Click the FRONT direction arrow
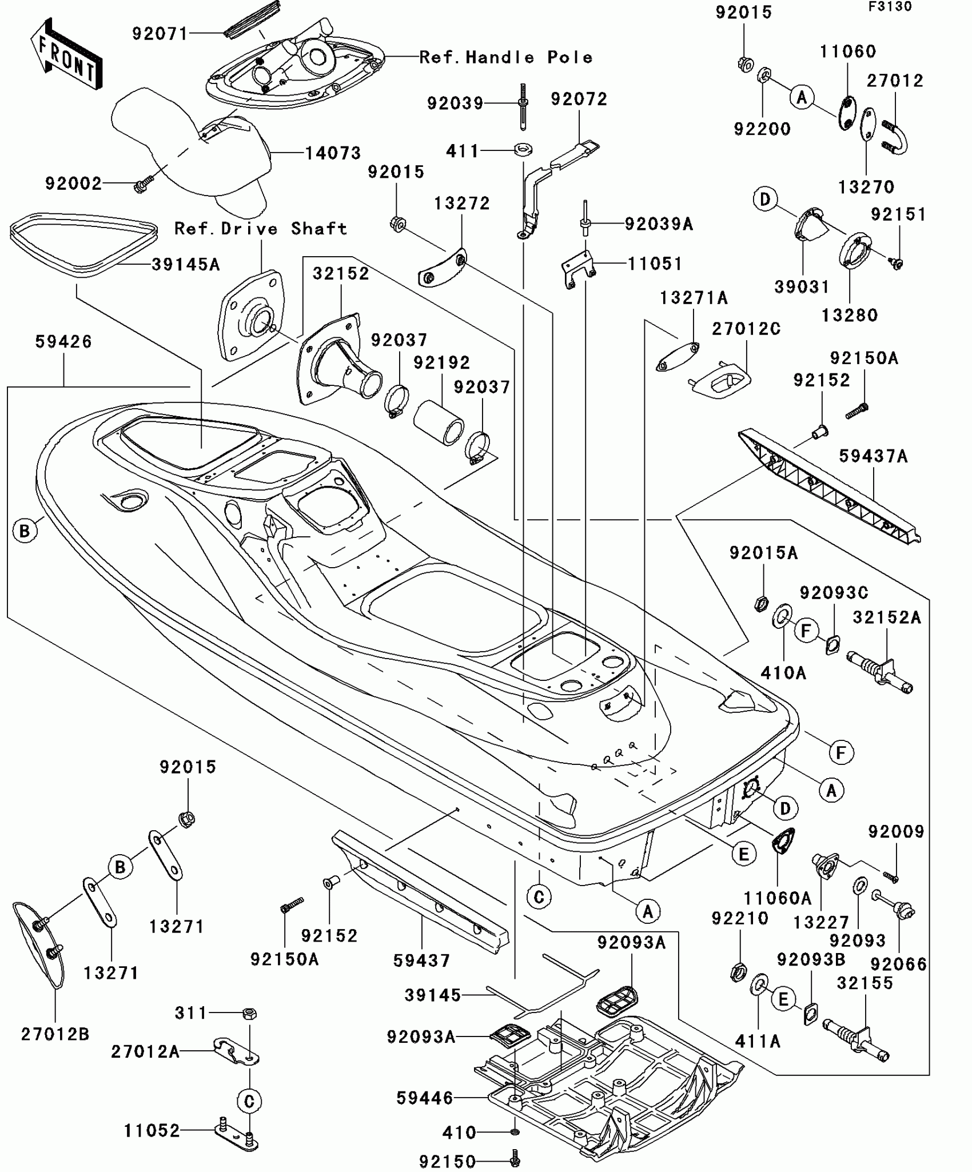point(66,55)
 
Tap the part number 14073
point(333,153)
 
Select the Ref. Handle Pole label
point(506,57)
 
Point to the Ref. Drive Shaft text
point(261,229)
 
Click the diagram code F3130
point(891,7)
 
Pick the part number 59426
point(63,342)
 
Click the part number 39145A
point(186,265)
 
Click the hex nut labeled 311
point(250,1014)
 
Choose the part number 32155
point(865,983)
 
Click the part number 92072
point(579,99)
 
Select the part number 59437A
point(873,456)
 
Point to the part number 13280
point(850,315)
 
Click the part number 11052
point(152,1131)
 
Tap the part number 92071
point(160,34)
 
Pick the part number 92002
point(73,184)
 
